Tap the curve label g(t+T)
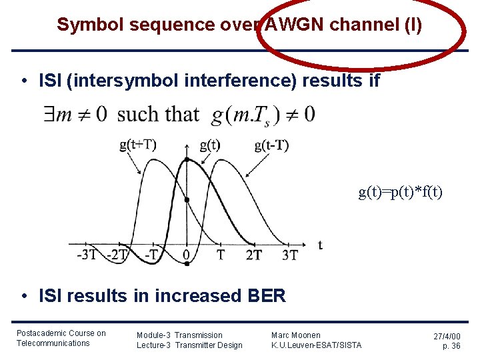click(x=137, y=145)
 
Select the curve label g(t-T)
click(x=271, y=145)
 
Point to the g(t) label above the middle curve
click(x=210, y=145)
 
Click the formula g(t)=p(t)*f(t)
click(x=400, y=193)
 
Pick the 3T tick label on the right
click(x=289, y=255)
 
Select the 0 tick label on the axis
click(x=186, y=255)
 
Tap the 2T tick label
click(x=253, y=255)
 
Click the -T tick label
click(x=153, y=255)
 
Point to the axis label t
click(x=320, y=245)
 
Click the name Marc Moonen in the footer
click(x=295, y=335)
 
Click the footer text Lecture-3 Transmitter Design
click(x=189, y=345)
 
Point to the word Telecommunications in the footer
click(x=53, y=343)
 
